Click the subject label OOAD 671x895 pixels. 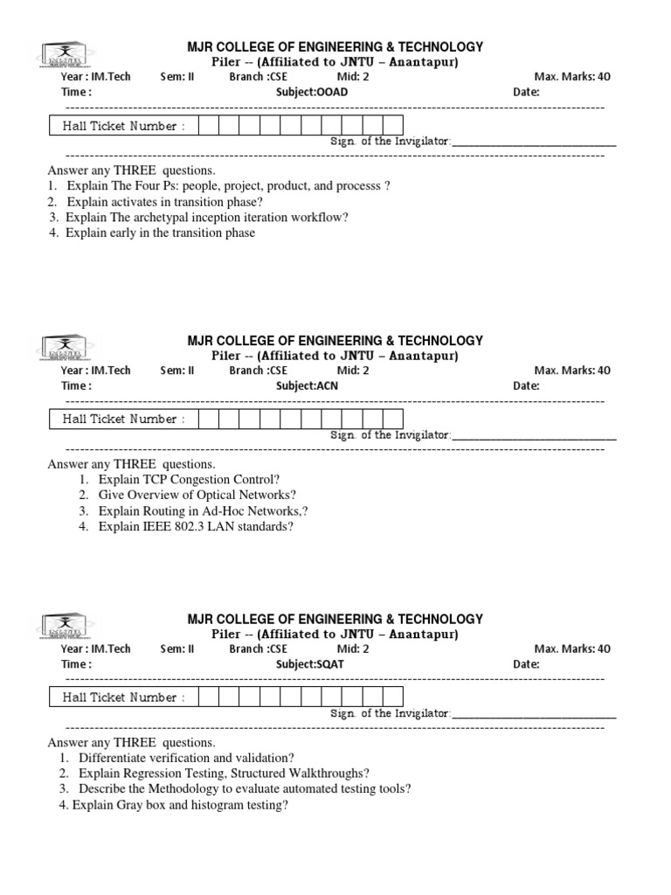click(307, 92)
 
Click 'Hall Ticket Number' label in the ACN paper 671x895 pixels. click(123, 420)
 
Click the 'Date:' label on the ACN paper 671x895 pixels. click(526, 385)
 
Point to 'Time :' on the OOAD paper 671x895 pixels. click(76, 92)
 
